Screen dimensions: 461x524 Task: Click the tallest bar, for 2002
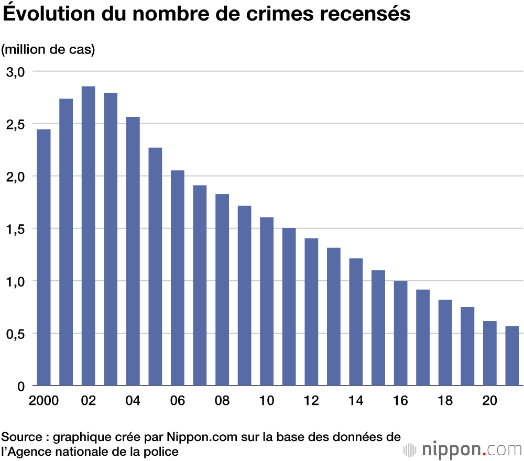88,236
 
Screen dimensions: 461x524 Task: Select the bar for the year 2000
43,257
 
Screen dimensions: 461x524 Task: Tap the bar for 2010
267,301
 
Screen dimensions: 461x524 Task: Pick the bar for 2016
400,333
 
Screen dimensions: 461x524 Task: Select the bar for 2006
178,278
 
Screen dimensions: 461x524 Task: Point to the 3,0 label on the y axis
15,72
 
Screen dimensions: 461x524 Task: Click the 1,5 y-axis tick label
15,229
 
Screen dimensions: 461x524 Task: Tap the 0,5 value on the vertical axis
15,334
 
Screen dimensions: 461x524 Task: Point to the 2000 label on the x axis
43,401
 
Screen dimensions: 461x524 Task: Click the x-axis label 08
222,401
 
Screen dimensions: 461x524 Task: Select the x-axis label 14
356,401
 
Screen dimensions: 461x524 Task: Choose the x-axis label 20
489,401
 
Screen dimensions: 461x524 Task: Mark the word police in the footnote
162,451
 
